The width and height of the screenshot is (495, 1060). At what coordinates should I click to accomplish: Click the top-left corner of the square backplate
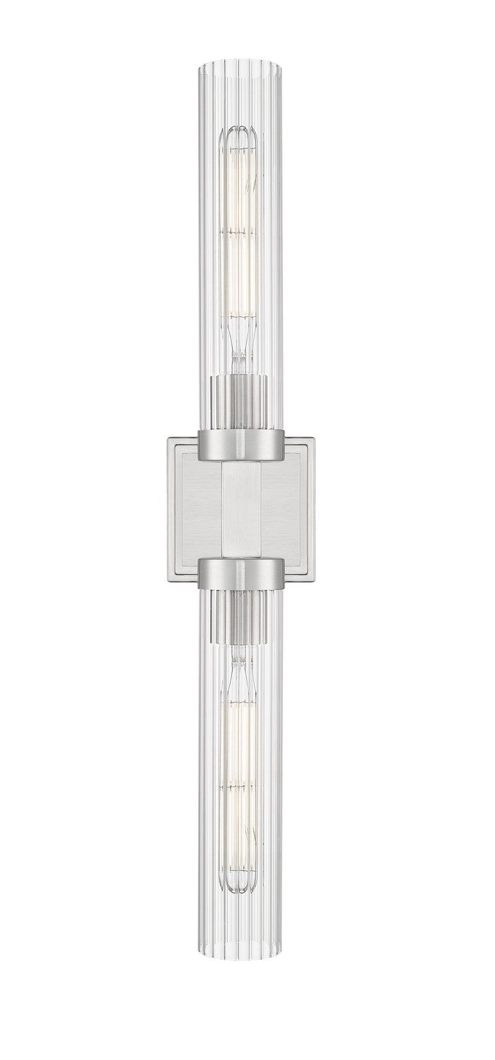(x=167, y=438)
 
